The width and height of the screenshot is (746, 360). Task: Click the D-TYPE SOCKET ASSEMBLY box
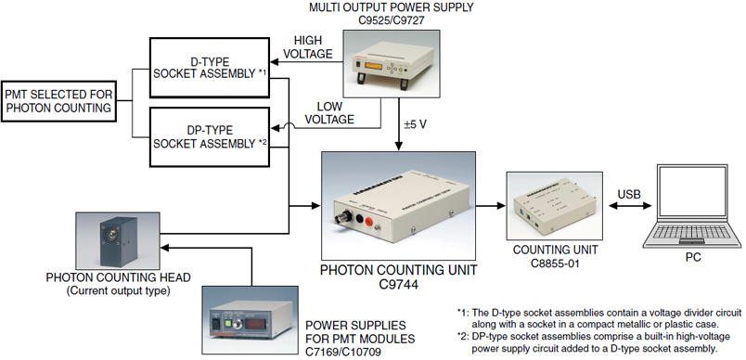[x=210, y=68]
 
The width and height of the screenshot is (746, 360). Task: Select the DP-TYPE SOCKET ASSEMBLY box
[x=210, y=137]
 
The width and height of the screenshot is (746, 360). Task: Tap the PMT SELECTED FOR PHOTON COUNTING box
[x=58, y=101]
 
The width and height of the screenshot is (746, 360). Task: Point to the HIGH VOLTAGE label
[x=309, y=47]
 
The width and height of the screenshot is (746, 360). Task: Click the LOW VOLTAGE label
[x=329, y=112]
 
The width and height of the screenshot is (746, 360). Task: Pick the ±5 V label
[x=416, y=124]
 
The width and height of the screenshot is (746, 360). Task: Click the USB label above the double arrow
[x=629, y=194]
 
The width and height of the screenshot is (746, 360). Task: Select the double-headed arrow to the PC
[x=629, y=206]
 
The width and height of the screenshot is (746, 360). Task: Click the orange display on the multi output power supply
[x=374, y=66]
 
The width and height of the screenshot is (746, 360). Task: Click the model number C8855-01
[x=555, y=263]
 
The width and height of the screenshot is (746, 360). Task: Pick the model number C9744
[x=399, y=285]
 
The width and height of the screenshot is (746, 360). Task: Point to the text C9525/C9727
[x=391, y=21]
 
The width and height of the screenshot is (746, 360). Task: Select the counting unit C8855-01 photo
[x=555, y=206]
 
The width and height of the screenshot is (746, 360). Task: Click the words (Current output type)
[x=118, y=290]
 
